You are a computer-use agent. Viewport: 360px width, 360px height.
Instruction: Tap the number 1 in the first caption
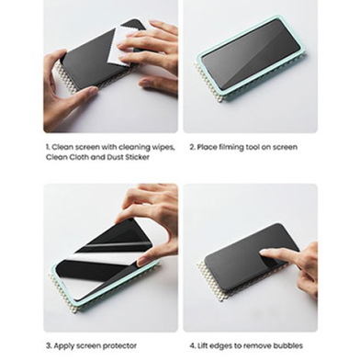point(48,147)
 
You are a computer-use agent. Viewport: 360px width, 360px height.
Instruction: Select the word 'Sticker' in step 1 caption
point(138,157)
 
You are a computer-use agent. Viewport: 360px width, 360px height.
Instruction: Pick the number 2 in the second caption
point(192,147)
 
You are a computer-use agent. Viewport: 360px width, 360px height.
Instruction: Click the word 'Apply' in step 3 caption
point(64,346)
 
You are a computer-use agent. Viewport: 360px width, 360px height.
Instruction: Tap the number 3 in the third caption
point(49,346)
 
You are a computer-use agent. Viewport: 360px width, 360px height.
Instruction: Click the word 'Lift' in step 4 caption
point(202,346)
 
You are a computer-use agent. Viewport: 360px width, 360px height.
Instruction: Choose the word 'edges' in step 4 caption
point(221,346)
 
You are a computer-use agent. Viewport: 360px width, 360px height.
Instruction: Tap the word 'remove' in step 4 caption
point(260,346)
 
